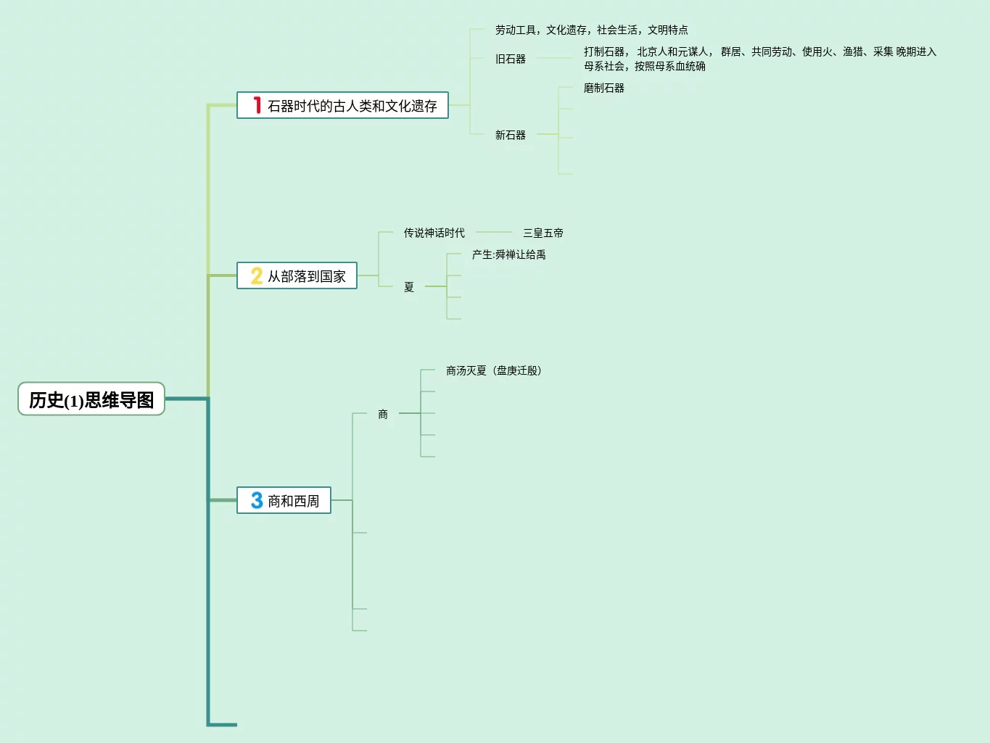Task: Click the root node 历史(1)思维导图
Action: (x=91, y=399)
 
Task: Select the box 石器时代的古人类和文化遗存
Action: (x=342, y=106)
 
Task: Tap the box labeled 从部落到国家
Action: (x=297, y=276)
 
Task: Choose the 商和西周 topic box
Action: (x=284, y=501)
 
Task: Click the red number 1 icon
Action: (x=257, y=106)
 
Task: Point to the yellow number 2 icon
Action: (x=257, y=276)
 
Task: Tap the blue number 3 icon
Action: (x=257, y=500)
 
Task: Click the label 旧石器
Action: (x=511, y=59)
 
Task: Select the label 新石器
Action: (x=511, y=136)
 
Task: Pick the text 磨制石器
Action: (x=604, y=88)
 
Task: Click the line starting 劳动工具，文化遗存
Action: (x=592, y=30)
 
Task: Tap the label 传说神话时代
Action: (x=434, y=233)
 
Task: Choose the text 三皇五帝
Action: (x=543, y=233)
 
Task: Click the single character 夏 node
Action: (x=409, y=288)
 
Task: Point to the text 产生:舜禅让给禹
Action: (x=509, y=255)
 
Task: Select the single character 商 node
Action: (x=383, y=415)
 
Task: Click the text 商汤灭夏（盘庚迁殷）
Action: (x=494, y=371)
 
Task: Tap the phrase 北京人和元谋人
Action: (x=673, y=52)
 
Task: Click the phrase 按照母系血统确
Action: (x=670, y=67)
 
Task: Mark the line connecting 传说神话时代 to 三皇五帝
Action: (x=494, y=233)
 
